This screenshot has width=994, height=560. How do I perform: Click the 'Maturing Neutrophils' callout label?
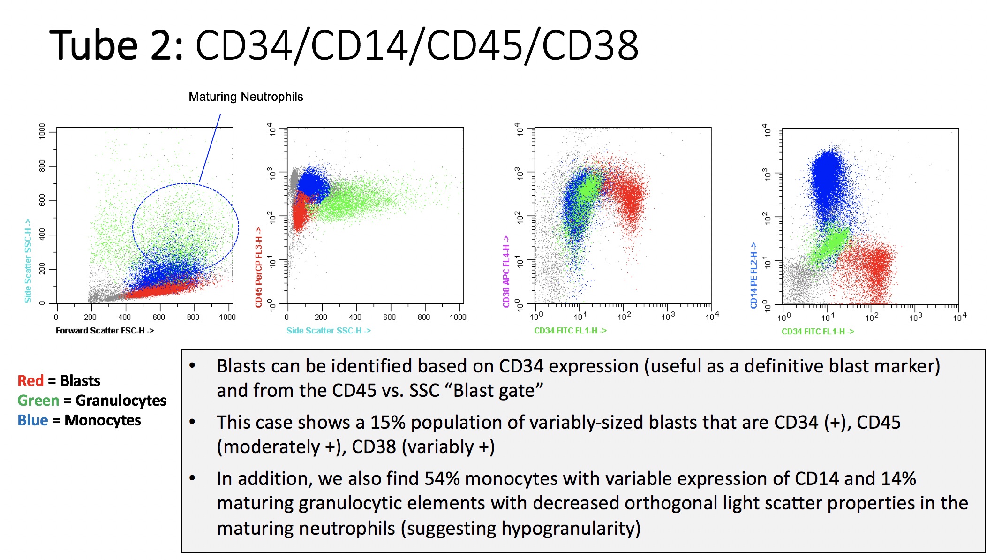pyautogui.click(x=246, y=97)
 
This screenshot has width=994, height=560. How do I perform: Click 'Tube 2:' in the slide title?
pyautogui.click(x=117, y=45)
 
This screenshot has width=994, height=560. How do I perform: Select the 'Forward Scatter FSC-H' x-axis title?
pyautogui.click(x=105, y=331)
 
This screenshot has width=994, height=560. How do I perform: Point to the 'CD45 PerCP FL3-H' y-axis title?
pyautogui.click(x=258, y=267)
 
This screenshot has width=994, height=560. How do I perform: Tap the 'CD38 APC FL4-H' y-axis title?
pyautogui.click(x=506, y=271)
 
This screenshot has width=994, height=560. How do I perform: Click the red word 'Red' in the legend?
pyautogui.click(x=30, y=380)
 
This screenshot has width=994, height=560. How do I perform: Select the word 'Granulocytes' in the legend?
pyautogui.click(x=120, y=401)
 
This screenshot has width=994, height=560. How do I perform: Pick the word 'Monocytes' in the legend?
pyautogui.click(x=102, y=420)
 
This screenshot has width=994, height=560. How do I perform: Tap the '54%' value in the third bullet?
pyautogui.click(x=442, y=479)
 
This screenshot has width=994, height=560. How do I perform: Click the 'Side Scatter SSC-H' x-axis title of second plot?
pyautogui.click(x=328, y=331)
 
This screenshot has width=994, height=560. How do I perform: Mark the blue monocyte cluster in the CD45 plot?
pyautogui.click(x=313, y=185)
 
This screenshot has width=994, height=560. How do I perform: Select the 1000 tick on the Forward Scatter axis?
pyautogui.click(x=227, y=318)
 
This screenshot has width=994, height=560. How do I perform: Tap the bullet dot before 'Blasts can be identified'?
pyautogui.click(x=192, y=366)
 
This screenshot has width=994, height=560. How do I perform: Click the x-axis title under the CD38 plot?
pyautogui.click(x=570, y=331)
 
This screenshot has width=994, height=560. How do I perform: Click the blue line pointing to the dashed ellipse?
pyautogui.click(x=210, y=148)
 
